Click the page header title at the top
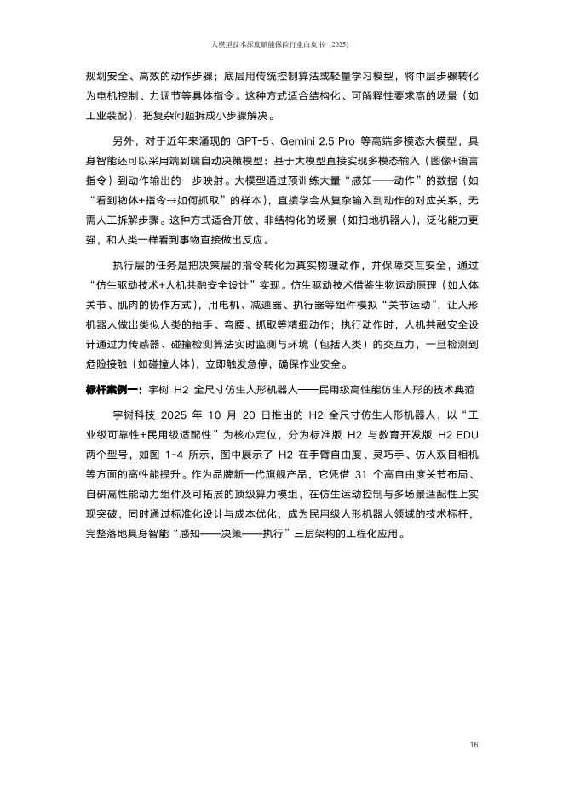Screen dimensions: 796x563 pyautogui.click(x=280, y=44)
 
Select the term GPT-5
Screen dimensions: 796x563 pyautogui.click(x=257, y=140)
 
